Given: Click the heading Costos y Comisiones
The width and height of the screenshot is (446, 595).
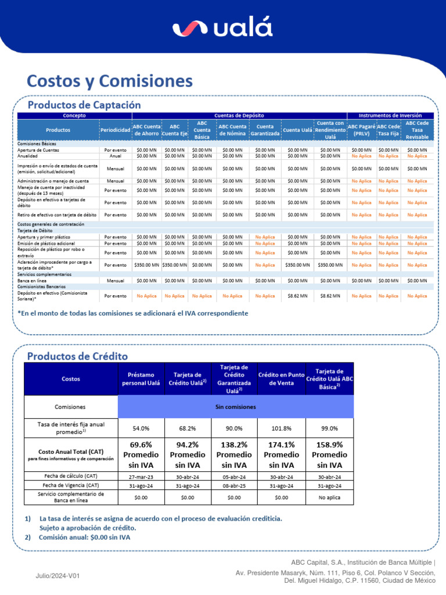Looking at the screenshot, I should (x=110, y=80).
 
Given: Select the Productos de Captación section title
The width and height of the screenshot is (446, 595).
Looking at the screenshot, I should (x=85, y=105).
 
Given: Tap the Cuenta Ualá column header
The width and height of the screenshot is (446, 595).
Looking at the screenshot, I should (x=298, y=130).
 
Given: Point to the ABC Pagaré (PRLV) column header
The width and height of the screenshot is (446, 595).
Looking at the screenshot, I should (x=361, y=130).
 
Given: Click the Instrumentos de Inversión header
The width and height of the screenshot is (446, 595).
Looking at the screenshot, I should (x=390, y=116).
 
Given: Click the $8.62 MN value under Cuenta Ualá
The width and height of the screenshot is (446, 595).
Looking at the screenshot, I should (x=298, y=296).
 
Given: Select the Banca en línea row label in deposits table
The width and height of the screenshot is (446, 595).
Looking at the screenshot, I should (x=31, y=280).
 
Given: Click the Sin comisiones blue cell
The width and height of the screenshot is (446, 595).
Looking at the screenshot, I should (x=235, y=407).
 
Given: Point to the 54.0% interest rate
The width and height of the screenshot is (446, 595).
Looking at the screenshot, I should (x=141, y=428).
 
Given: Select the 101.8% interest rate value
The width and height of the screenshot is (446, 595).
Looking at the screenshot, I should (x=281, y=428).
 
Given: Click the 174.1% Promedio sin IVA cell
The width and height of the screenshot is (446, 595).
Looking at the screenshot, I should (x=281, y=454).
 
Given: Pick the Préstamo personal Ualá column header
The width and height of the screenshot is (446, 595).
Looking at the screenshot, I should (x=141, y=379).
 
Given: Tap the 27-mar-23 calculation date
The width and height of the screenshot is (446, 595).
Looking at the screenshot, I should (x=141, y=476).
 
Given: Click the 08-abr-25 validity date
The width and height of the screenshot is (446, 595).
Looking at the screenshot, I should (x=234, y=485).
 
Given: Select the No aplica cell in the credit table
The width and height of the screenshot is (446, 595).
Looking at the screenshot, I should (x=329, y=497).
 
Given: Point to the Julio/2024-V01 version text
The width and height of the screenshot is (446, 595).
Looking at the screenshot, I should (x=57, y=575).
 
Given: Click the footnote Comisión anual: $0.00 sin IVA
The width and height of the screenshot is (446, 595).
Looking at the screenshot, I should (x=85, y=537).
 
